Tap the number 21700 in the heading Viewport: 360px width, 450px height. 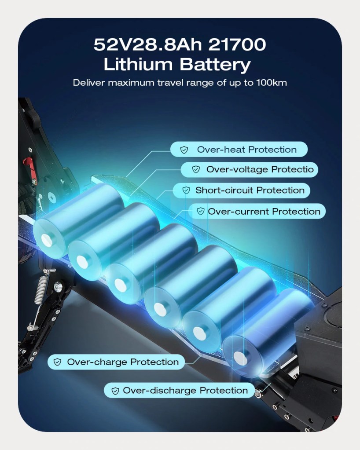pyautogui.click(x=237, y=44)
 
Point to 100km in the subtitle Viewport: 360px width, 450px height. pyautogui.click(x=271, y=83)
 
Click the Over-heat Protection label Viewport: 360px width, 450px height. pyautogui.click(x=239, y=149)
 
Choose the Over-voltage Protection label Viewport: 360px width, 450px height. pyautogui.click(x=249, y=169)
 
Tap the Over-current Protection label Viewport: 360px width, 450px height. pyautogui.click(x=257, y=212)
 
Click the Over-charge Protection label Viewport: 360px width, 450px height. pyautogui.click(x=116, y=362)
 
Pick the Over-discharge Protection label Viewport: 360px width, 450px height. pyautogui.click(x=179, y=390)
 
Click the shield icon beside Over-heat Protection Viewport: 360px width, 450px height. pyautogui.click(x=184, y=150)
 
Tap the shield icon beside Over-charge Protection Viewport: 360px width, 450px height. pyautogui.click(x=57, y=362)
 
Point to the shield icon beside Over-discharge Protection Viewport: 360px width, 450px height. pyautogui.click(x=115, y=391)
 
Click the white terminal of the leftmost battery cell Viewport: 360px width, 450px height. pyautogui.click(x=47, y=240)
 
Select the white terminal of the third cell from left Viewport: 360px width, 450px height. pyautogui.click(x=121, y=285)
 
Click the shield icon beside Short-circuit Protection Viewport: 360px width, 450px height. pyautogui.click(x=186, y=190)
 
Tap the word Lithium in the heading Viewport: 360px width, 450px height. pyautogui.click(x=138, y=64)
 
